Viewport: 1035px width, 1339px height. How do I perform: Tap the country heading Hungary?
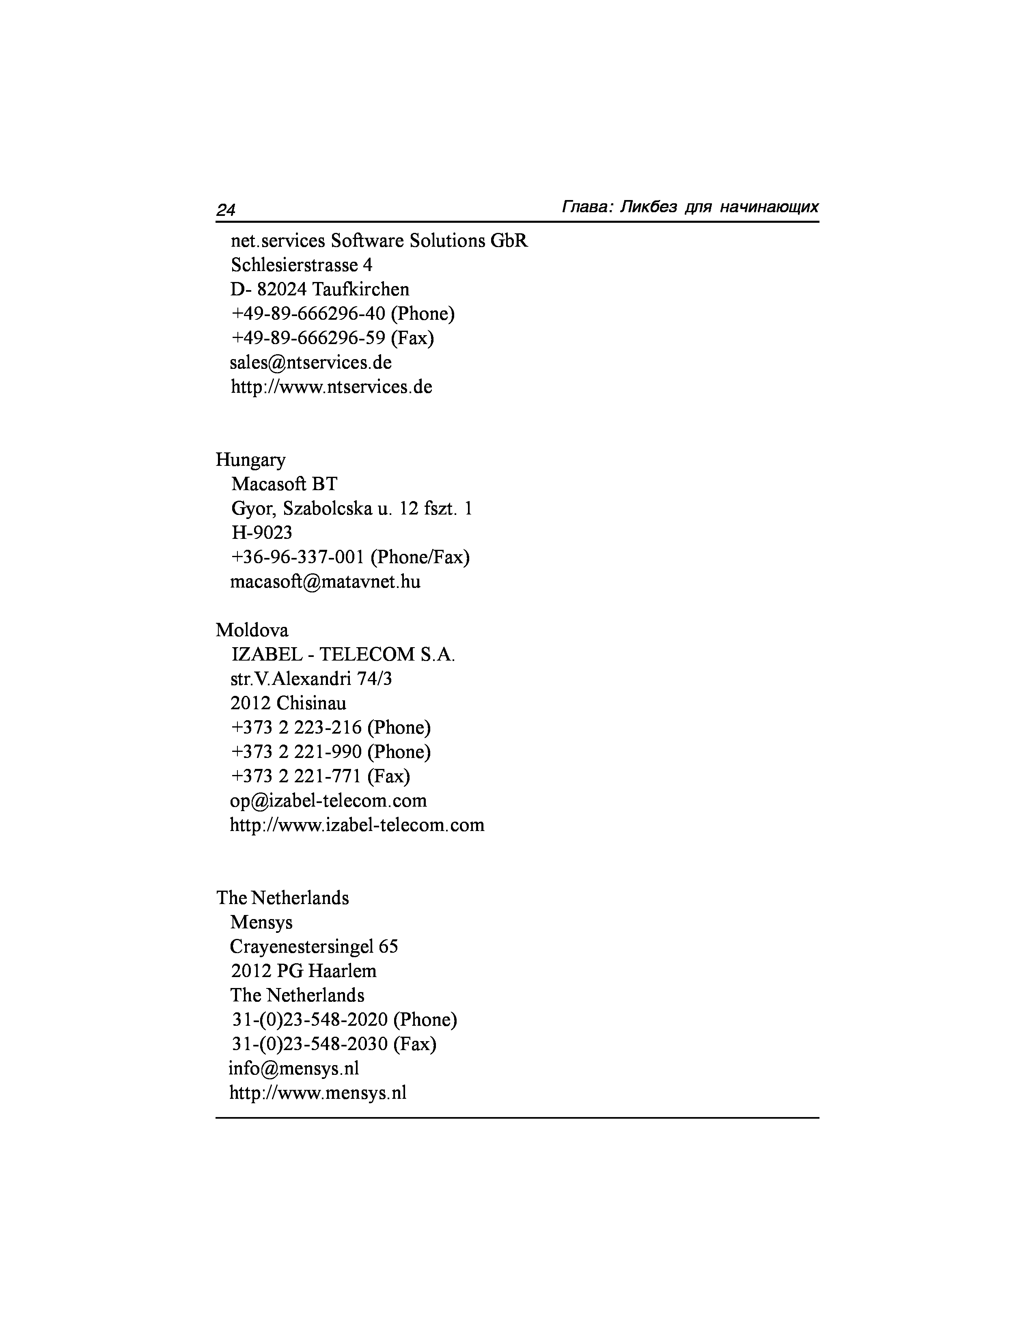pyautogui.click(x=250, y=460)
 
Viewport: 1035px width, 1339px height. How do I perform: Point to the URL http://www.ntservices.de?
pyautogui.click(x=331, y=387)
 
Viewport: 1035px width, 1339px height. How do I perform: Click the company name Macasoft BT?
pyautogui.click(x=284, y=484)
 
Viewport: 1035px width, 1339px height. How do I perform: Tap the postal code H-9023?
pyautogui.click(x=262, y=533)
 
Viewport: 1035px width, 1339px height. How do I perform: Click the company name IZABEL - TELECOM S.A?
pyautogui.click(x=343, y=655)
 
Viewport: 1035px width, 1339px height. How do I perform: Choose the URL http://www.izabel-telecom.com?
pyautogui.click(x=357, y=825)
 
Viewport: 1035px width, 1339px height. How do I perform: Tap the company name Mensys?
pyautogui.click(x=261, y=923)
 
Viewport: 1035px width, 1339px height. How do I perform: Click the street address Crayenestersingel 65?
pyautogui.click(x=314, y=947)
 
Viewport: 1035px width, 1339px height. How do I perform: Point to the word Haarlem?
pyautogui.click(x=342, y=971)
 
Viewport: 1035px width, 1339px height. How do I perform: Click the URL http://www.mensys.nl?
pyautogui.click(x=318, y=1093)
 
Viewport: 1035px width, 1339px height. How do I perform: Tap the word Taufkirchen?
pyautogui.click(x=360, y=289)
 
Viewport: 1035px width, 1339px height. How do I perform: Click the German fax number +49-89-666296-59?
pyautogui.click(x=308, y=338)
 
